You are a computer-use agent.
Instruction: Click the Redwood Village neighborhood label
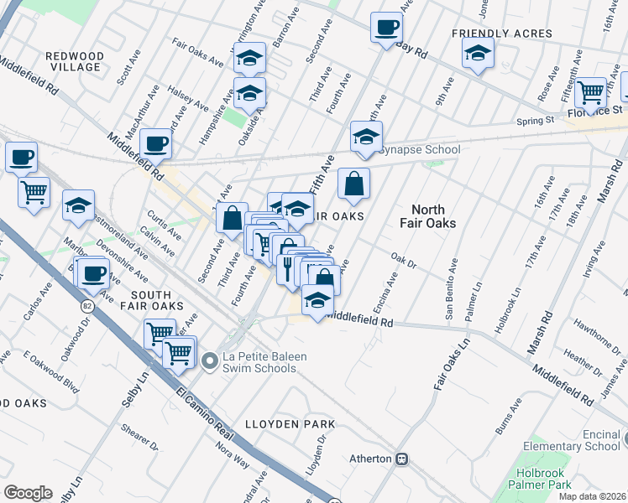(x=75, y=61)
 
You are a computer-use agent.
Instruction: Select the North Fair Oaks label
(x=433, y=217)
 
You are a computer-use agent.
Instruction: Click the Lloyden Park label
(x=290, y=424)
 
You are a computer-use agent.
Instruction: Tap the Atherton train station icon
(x=402, y=459)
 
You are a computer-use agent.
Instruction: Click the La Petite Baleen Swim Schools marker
(x=210, y=361)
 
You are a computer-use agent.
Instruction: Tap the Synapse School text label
(x=419, y=150)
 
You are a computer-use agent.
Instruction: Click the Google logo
(x=29, y=493)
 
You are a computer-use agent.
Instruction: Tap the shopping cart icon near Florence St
(x=592, y=91)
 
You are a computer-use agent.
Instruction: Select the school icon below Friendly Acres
(x=477, y=54)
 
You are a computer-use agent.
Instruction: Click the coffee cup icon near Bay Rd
(x=386, y=28)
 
